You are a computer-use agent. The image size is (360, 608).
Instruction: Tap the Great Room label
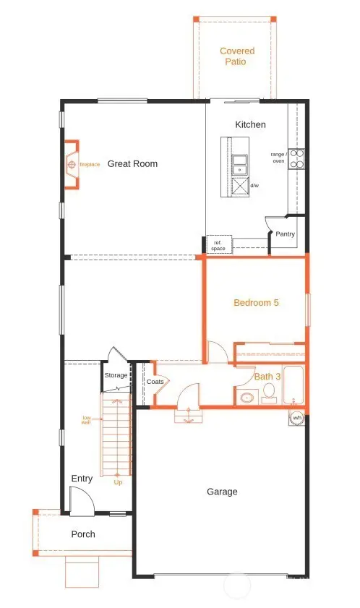132,164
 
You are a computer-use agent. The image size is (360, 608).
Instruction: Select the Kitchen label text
250,125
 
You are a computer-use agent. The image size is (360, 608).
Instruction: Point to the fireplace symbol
72,165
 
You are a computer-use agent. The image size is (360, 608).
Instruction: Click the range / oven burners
296,158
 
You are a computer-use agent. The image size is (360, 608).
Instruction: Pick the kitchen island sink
239,166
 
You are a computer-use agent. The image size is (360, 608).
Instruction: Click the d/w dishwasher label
254,186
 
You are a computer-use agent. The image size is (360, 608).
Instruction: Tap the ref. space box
218,245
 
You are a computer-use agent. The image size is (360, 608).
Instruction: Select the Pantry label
285,234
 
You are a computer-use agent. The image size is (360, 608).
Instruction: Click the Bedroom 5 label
256,303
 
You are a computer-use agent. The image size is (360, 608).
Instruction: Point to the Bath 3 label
267,377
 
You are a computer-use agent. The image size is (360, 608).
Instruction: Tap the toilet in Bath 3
268,393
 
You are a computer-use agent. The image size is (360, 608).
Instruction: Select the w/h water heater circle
297,418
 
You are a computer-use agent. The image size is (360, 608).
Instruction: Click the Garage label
222,492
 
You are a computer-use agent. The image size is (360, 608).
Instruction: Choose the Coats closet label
155,382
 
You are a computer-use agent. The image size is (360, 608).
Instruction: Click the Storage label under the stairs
116,375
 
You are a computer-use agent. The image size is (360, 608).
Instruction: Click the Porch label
82,534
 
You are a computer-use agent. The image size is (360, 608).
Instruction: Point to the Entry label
82,479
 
